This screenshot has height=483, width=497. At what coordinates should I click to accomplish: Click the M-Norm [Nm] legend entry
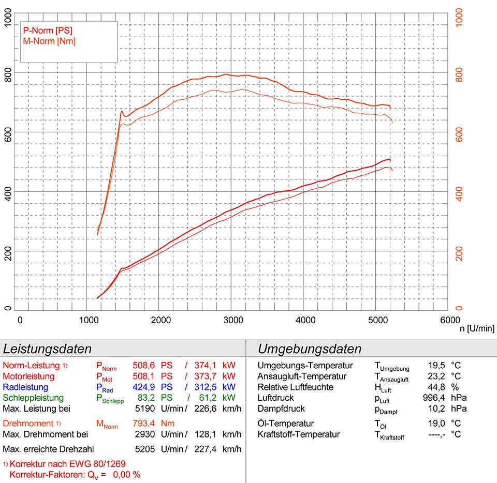pyautogui.click(x=46, y=41)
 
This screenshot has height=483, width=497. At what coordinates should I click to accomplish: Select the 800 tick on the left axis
pyautogui.click(x=8, y=73)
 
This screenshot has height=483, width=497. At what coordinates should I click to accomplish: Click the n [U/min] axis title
pyautogui.click(x=477, y=328)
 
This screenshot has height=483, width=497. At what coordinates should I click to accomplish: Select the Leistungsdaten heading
pyautogui.click(x=48, y=349)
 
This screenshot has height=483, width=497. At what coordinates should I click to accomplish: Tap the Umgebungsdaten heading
pyautogui.click(x=310, y=349)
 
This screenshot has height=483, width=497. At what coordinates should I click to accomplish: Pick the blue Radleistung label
pyautogui.click(x=25, y=387)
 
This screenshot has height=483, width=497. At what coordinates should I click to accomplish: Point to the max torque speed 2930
pyautogui.click(x=142, y=434)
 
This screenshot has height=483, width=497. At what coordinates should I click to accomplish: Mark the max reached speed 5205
pyautogui.click(x=142, y=448)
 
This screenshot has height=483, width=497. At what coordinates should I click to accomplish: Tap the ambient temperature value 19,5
pyautogui.click(x=435, y=366)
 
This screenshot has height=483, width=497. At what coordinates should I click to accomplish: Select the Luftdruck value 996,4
pyautogui.click(x=433, y=398)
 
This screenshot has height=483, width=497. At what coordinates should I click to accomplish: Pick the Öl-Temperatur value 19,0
pyautogui.click(x=435, y=424)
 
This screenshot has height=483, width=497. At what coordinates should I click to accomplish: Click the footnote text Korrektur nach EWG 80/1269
pyautogui.click(x=67, y=463)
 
